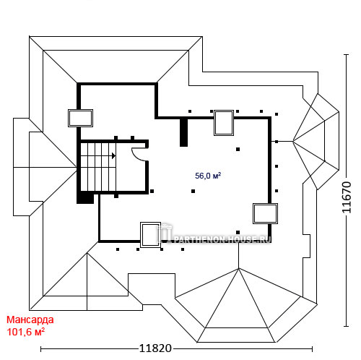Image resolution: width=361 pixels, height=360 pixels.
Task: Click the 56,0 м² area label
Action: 208,176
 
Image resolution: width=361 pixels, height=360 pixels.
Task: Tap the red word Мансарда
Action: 30,320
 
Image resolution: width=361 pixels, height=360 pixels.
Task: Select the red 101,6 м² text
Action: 26,332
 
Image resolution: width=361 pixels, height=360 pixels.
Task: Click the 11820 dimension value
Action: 155,348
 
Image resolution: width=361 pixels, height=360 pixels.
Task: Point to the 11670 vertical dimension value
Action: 347,197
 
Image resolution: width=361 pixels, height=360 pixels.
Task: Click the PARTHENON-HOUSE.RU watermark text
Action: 222,239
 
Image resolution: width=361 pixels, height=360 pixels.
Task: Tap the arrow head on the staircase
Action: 113,156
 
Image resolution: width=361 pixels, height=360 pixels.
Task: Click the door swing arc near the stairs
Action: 139,155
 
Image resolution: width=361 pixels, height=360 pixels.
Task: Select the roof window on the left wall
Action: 80,118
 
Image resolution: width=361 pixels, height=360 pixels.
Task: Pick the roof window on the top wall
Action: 224,123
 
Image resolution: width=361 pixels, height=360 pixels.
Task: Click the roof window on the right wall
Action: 265,213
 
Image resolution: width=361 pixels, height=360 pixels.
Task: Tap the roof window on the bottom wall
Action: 150,235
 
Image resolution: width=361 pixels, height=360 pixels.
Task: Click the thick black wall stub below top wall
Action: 183,132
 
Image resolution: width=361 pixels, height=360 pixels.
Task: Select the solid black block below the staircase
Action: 85,197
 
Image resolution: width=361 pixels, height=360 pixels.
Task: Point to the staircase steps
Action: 98,167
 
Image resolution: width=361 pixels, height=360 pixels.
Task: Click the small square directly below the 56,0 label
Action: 193,191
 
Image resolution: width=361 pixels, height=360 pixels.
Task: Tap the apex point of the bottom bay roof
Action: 238,268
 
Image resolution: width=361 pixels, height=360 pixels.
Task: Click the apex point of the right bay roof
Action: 293,142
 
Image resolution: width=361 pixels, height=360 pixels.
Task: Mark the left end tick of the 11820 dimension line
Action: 41,348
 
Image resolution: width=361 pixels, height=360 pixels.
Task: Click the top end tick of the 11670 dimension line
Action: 346,55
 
